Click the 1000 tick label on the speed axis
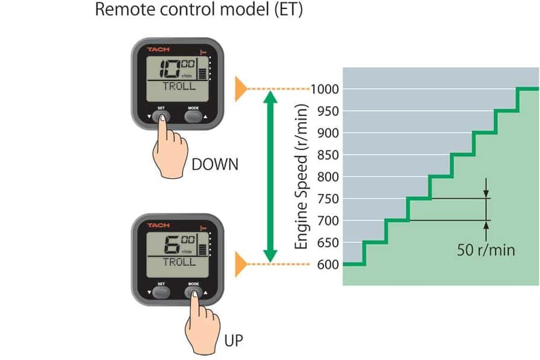[x=325, y=89]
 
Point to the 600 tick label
[x=328, y=265]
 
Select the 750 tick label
[x=328, y=199]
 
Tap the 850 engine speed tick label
[x=328, y=155]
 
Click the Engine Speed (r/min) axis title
[x=301, y=176]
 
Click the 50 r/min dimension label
[x=486, y=249]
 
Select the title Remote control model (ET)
[x=199, y=9]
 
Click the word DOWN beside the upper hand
[x=215, y=164]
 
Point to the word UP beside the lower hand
[x=234, y=341]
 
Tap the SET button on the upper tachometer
[x=161, y=117]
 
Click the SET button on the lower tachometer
[x=161, y=292]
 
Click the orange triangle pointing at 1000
[x=241, y=89]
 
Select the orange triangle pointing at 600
[x=241, y=264]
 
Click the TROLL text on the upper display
[x=179, y=86]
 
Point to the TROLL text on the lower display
[x=179, y=262]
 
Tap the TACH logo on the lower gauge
[x=158, y=225]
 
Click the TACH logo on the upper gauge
[x=158, y=50]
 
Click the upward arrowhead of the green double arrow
[x=271, y=97]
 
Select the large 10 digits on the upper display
[x=170, y=68]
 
